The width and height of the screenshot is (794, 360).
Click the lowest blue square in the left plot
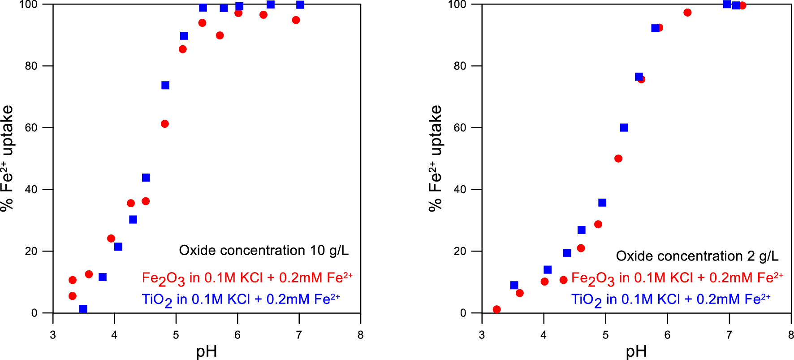pyautogui.click(x=83, y=309)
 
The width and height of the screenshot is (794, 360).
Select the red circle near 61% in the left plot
pyautogui.click(x=164, y=124)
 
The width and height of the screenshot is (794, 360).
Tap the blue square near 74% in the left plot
pyautogui.click(x=165, y=85)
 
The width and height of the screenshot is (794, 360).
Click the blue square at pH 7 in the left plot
pyautogui.click(x=300, y=5)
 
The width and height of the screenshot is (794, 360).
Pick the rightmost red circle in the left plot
pyautogui.click(x=296, y=20)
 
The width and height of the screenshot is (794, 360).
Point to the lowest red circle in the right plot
pyautogui.click(x=496, y=309)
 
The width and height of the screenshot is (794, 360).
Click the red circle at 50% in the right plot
pyautogui.click(x=618, y=158)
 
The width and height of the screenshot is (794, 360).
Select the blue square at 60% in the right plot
pyautogui.click(x=624, y=128)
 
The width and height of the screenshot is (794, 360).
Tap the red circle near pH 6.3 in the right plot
pyautogui.click(x=687, y=13)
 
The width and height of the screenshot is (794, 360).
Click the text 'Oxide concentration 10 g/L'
pyautogui.click(x=263, y=250)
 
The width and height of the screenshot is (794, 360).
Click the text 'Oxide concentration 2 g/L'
pyautogui.click(x=697, y=256)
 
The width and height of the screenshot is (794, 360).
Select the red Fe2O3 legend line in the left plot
pyautogui.click(x=247, y=278)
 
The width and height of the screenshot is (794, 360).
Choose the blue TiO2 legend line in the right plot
pyautogui.click(x=671, y=299)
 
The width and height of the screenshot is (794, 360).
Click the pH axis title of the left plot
pyautogui.click(x=207, y=351)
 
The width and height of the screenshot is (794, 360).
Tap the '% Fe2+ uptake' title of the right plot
pyautogui.click(x=435, y=158)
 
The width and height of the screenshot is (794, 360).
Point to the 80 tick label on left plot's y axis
pyautogui.click(x=31, y=66)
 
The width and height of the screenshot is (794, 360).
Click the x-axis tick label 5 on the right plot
pyautogui.click(x=605, y=335)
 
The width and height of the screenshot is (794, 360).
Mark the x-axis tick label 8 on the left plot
pyautogui.click(x=360, y=335)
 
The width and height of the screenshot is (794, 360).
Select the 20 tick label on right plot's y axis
pyautogui.click(x=460, y=251)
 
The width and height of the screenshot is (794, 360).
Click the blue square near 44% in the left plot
pyautogui.click(x=146, y=178)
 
